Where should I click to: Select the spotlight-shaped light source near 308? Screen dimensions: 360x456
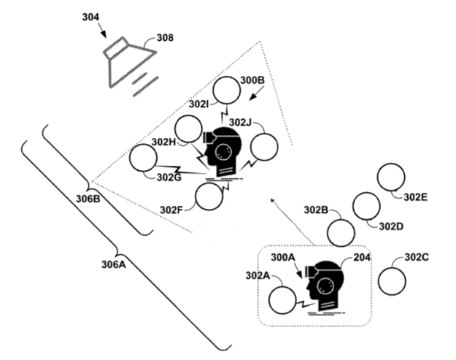click(129, 64)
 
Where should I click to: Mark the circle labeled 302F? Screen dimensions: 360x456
click(209, 195)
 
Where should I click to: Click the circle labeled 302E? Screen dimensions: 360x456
click(391, 178)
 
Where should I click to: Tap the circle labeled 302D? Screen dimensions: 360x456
click(365, 206)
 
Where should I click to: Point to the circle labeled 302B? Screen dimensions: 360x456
click(341, 231)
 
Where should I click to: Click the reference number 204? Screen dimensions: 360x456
click(363, 256)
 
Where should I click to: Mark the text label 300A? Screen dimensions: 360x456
click(282, 257)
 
